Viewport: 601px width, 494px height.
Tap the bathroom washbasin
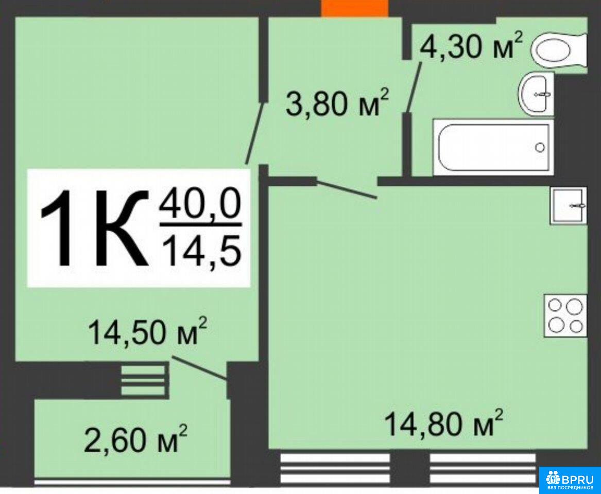click(x=536, y=94)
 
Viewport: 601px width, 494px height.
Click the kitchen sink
click(x=569, y=205)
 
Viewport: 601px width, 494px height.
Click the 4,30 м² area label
click(x=471, y=45)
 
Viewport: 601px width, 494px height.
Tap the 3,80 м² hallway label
click(x=338, y=102)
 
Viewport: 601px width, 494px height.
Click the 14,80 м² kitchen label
click(x=443, y=423)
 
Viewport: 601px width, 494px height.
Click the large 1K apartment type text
click(x=94, y=229)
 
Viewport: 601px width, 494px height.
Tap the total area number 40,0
click(x=200, y=204)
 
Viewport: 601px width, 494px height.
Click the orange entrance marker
click(x=354, y=8)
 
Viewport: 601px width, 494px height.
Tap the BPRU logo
click(x=570, y=480)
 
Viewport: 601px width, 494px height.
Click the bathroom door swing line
click(x=414, y=86)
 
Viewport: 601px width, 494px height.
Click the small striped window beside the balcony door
click(x=143, y=380)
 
